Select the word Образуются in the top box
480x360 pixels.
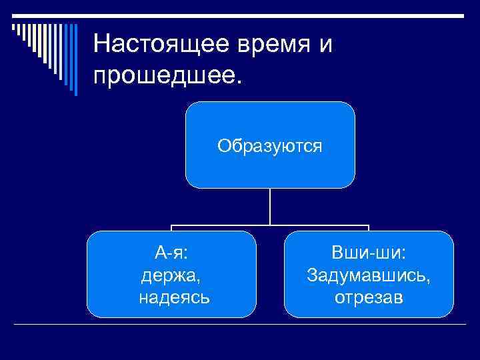pyautogui.click(x=270, y=145)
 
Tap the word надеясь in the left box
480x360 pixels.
pyautogui.click(x=173, y=297)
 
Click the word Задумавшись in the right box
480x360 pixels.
pyautogui.click(x=369, y=274)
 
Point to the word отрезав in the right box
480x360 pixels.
pyautogui.click(x=369, y=297)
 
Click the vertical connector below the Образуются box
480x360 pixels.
pyautogui.click(x=270, y=207)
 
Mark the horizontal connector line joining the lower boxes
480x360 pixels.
pyautogui.click(x=270, y=225)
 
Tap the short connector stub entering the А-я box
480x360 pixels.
pyautogui.click(x=171, y=228)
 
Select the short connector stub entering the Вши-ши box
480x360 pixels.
pyautogui.click(x=369, y=228)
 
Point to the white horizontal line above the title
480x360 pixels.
pyautogui.click(x=267, y=15)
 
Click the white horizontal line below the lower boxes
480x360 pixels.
pyautogui.click(x=240, y=324)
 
